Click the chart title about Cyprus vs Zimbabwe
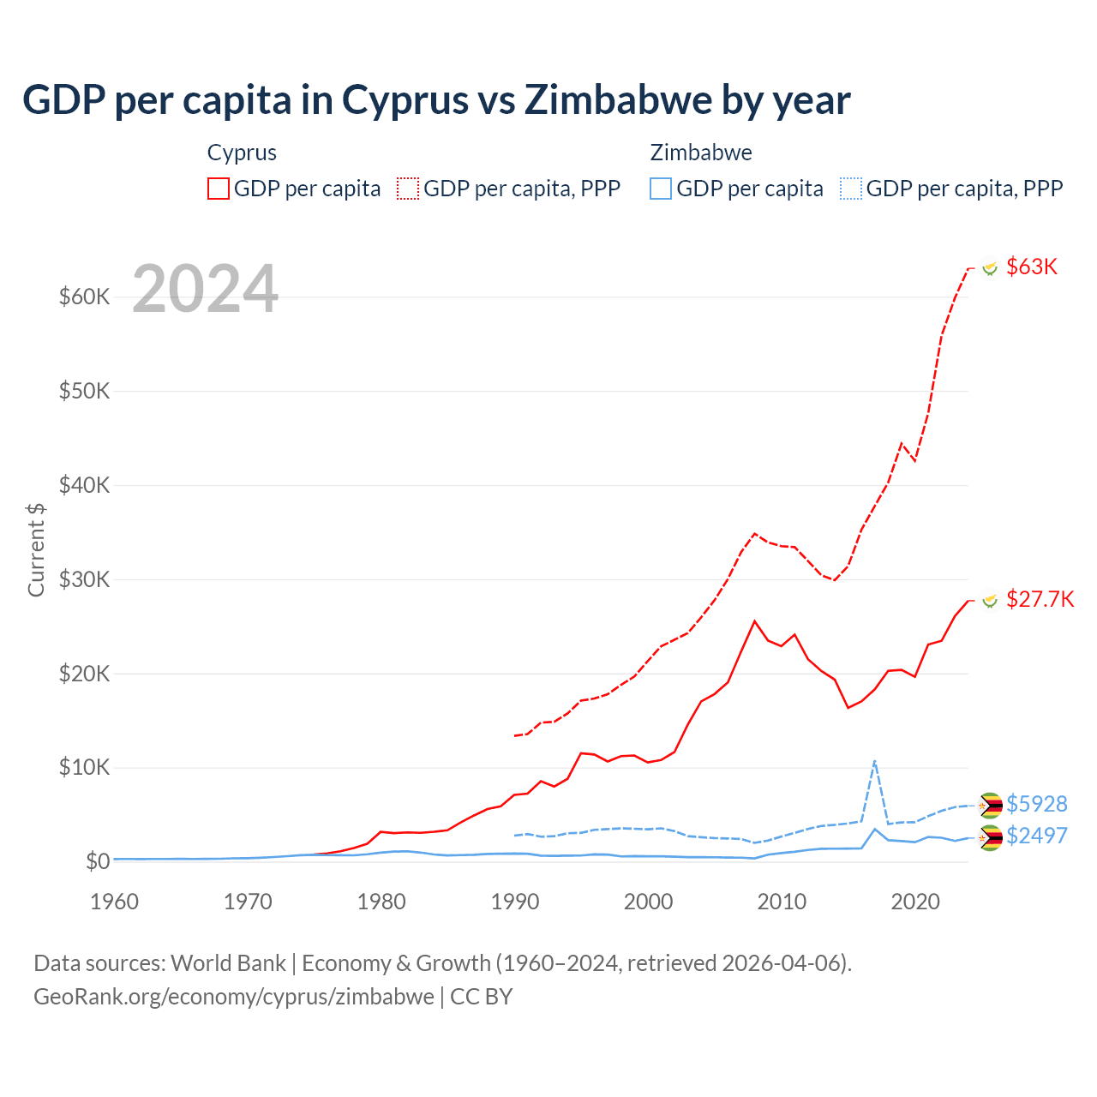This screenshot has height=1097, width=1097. (x=436, y=100)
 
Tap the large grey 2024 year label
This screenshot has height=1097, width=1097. (x=206, y=289)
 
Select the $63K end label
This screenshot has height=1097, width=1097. (x=1031, y=267)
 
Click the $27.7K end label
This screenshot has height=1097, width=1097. (x=1040, y=599)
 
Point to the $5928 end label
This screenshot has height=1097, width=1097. (x=1036, y=804)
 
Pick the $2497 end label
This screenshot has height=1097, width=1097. (x=1036, y=836)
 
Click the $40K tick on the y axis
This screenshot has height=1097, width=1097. (x=84, y=485)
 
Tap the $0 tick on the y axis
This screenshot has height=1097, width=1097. (x=98, y=861)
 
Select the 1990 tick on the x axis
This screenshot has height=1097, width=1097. (x=515, y=902)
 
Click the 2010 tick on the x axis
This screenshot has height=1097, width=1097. (x=782, y=902)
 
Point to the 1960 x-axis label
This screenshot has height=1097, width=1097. (x=115, y=902)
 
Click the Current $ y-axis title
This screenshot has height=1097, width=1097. (x=36, y=549)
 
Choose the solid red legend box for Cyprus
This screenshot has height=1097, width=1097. (x=219, y=189)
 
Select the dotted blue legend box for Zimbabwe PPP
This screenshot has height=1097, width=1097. (x=851, y=189)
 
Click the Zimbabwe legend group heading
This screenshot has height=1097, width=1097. (x=701, y=153)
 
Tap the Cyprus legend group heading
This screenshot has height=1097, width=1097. (x=242, y=153)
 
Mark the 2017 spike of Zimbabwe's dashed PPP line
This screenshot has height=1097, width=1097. (x=874, y=761)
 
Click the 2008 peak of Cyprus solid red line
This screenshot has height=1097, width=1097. (x=754, y=621)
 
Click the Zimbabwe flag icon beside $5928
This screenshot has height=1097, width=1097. (x=991, y=805)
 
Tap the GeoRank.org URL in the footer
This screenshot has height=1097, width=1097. (x=233, y=997)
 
